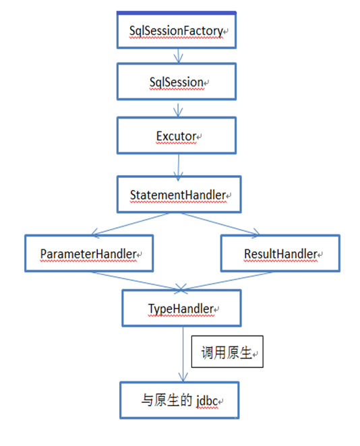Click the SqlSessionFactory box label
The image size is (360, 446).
(176, 31)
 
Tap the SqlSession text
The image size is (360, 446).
(177, 82)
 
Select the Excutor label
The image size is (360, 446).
(176, 136)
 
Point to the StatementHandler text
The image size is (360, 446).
(178, 195)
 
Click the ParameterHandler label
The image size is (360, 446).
(88, 254)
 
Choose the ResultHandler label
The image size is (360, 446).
(281, 254)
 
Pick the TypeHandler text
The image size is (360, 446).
(181, 309)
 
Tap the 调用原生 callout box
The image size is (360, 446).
(227, 352)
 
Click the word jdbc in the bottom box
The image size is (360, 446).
(207, 401)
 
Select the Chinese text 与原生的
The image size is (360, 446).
(167, 400)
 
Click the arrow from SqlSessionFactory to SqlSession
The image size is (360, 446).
(178, 56)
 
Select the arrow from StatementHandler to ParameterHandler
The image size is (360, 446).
(130, 224)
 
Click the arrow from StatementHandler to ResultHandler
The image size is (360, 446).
(220, 224)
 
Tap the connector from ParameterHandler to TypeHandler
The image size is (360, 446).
(136, 281)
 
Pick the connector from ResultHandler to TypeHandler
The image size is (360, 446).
(227, 281)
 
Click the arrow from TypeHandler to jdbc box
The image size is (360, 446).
(183, 354)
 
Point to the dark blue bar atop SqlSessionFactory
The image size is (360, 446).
(177, 13)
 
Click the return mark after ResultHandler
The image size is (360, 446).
(320, 255)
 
